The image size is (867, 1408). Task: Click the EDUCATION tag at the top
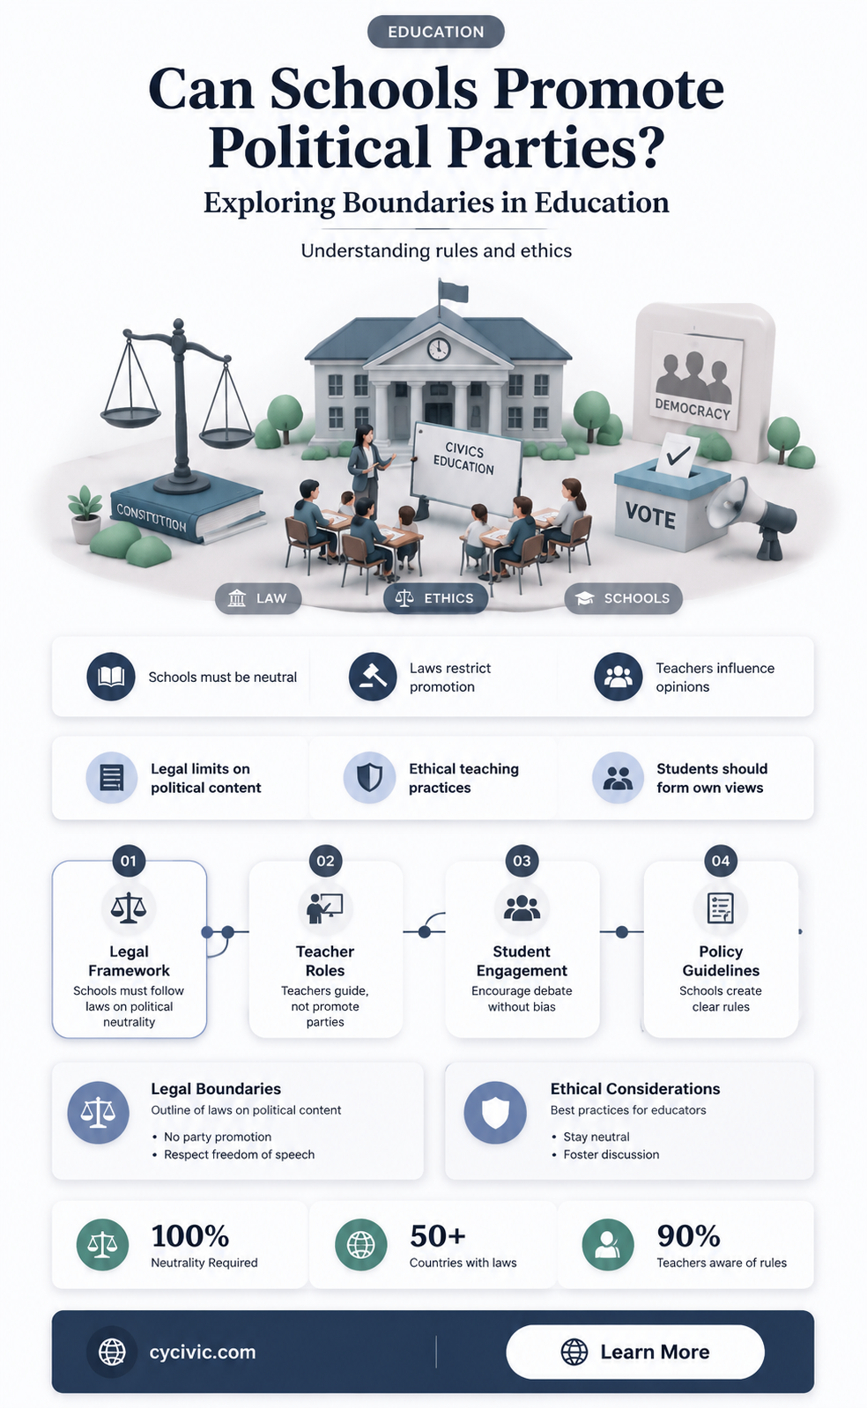435,32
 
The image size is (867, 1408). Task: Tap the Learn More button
635,1352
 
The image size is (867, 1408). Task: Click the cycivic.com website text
203,1352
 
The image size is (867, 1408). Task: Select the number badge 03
522,861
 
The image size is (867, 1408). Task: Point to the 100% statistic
189,1236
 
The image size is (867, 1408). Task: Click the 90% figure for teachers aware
688,1236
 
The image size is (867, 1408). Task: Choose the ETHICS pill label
435,597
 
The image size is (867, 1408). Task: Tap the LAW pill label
258,597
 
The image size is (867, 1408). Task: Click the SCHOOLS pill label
623,597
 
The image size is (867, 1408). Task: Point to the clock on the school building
438,348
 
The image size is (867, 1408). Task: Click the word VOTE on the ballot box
650,516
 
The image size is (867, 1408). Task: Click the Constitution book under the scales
187,510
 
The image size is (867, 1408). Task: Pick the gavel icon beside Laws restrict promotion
372,677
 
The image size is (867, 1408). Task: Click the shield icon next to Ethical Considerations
495,1113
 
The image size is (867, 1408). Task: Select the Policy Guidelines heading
721,960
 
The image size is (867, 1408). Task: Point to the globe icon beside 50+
361,1245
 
